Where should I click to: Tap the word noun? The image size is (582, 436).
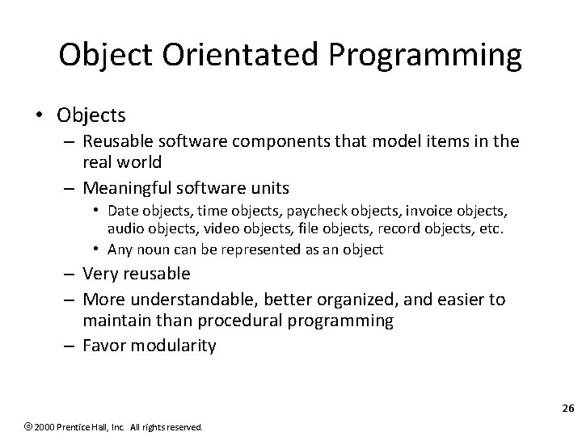point(167,249)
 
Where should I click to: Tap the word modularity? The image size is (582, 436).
point(177,346)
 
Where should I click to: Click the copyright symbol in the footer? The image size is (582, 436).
point(7,426)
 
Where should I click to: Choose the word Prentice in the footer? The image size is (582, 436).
point(55,426)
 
